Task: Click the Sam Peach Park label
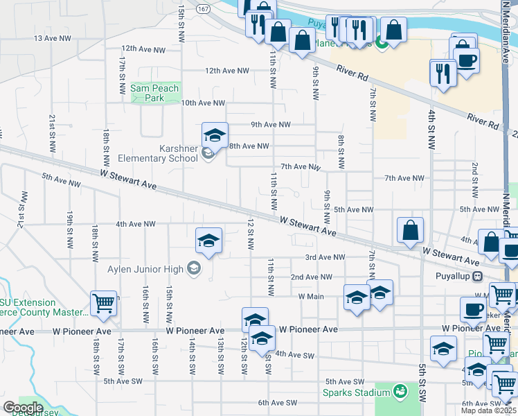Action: click(154, 93)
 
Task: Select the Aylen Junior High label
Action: click(144, 269)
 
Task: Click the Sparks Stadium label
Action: click(356, 392)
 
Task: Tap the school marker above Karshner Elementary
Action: click(215, 135)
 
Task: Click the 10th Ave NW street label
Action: click(203, 103)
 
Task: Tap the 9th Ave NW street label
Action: click(270, 125)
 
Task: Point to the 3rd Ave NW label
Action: click(325, 257)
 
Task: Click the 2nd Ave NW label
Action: click(312, 277)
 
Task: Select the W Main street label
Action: click(311, 296)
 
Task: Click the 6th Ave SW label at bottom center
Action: click(277, 403)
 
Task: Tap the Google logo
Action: click(23, 408)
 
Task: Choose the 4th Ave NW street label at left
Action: click(135, 224)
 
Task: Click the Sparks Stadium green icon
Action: click(399, 392)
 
